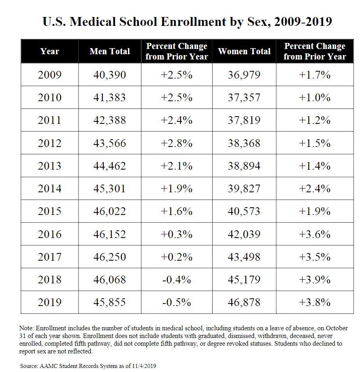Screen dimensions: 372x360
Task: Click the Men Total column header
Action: (x=110, y=51)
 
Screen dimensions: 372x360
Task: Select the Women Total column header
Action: (x=244, y=51)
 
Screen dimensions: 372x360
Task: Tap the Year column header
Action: (x=50, y=51)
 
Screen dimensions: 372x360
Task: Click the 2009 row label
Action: (x=50, y=75)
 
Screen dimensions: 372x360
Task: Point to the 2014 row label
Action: (x=50, y=189)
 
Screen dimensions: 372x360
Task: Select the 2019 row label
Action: (x=50, y=302)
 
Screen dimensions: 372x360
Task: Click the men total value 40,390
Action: (x=110, y=75)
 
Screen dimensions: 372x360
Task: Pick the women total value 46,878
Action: (x=244, y=302)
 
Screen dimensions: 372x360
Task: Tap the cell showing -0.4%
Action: (x=177, y=280)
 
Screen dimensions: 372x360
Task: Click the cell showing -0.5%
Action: (x=177, y=302)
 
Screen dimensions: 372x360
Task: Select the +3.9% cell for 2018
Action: (x=315, y=280)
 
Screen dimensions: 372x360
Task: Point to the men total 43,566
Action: (x=110, y=143)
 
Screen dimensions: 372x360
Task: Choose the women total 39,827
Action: (x=244, y=189)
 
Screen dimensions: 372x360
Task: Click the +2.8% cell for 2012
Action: (x=177, y=143)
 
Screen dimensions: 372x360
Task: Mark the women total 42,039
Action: (x=244, y=234)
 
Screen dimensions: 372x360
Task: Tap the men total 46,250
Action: (x=110, y=257)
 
